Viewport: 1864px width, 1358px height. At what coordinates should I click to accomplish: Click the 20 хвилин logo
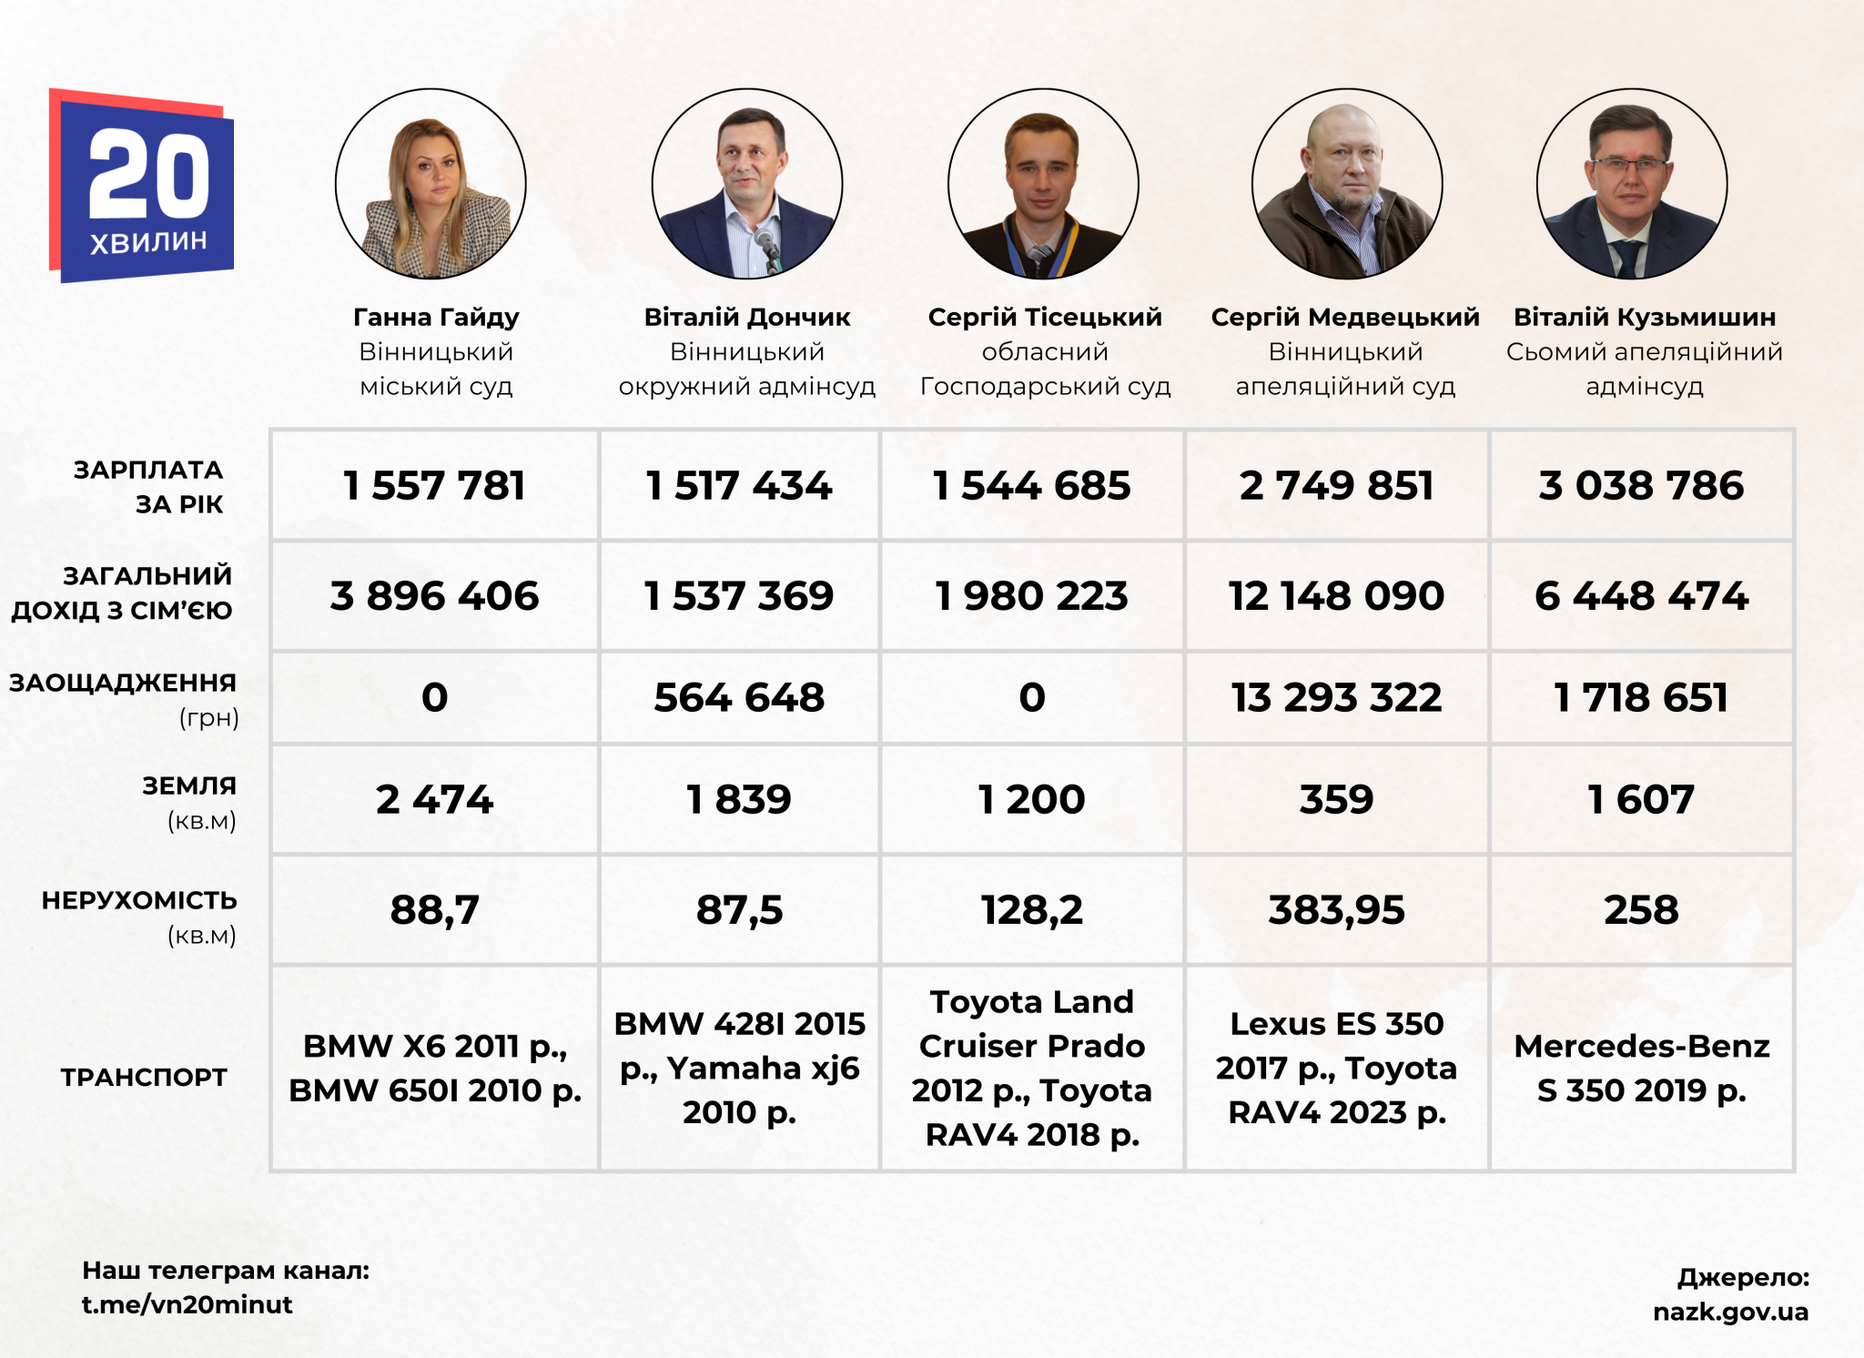click(143, 187)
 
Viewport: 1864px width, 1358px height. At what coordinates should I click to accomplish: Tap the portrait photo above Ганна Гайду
click(431, 184)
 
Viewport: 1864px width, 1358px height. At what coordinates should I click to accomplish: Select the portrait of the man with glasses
click(1631, 184)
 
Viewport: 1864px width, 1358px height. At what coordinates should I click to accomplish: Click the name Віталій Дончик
click(746, 317)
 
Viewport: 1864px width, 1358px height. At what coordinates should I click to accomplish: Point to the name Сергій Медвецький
click(1344, 317)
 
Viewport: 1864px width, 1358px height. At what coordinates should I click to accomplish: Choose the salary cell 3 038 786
click(1641, 485)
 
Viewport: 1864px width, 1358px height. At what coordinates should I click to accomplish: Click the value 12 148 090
click(1336, 596)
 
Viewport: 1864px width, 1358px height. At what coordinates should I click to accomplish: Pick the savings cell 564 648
click(739, 697)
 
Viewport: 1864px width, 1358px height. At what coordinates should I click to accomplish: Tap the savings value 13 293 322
click(1336, 697)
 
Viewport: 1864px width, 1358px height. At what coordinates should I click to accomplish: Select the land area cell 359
click(1336, 799)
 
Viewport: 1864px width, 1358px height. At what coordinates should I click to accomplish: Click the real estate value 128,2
click(1031, 909)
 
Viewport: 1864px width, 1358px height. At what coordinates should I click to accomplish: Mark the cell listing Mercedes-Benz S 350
click(1641, 1068)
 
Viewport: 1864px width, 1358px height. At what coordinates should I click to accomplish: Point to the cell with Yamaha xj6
click(739, 1068)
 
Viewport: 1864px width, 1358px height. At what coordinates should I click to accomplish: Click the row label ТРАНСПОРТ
click(144, 1077)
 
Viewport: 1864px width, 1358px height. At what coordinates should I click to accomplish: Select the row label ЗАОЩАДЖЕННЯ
click(123, 683)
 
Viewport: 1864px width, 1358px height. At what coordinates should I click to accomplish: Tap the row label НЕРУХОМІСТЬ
click(139, 900)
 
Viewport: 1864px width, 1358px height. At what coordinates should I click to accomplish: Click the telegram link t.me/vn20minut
click(187, 1304)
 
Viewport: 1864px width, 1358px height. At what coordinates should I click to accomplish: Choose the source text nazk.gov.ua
click(1730, 1312)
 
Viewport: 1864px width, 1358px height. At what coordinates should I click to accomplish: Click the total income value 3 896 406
click(434, 596)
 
